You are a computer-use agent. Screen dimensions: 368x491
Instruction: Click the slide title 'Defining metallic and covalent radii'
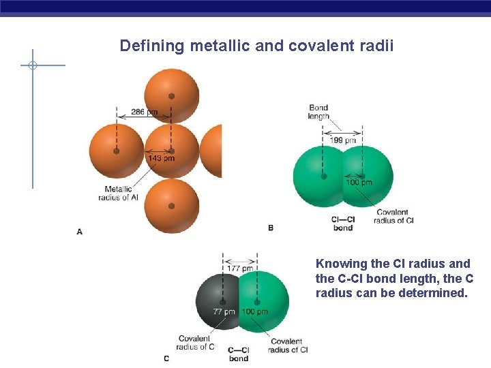(256, 46)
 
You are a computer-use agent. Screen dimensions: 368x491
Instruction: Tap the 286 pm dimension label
(144, 111)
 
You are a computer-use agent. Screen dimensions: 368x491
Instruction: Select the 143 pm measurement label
(161, 159)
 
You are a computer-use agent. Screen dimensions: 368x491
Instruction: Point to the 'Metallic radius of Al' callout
(121, 193)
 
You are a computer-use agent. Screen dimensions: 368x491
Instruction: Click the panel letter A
(80, 232)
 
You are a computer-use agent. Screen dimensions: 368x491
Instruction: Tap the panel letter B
(271, 228)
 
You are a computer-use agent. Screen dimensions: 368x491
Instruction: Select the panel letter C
(166, 358)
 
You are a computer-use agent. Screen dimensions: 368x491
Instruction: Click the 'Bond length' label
(318, 112)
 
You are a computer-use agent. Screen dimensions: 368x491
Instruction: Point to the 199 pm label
(343, 140)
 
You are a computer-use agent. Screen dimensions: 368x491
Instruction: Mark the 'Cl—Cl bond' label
(342, 224)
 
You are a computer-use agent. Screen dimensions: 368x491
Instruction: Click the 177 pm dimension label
(239, 268)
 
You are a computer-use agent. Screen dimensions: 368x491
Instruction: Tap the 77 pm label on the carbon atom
(224, 311)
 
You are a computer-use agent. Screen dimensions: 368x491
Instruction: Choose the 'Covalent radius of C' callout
(195, 343)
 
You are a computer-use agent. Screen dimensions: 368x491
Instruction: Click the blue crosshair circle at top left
(32, 65)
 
